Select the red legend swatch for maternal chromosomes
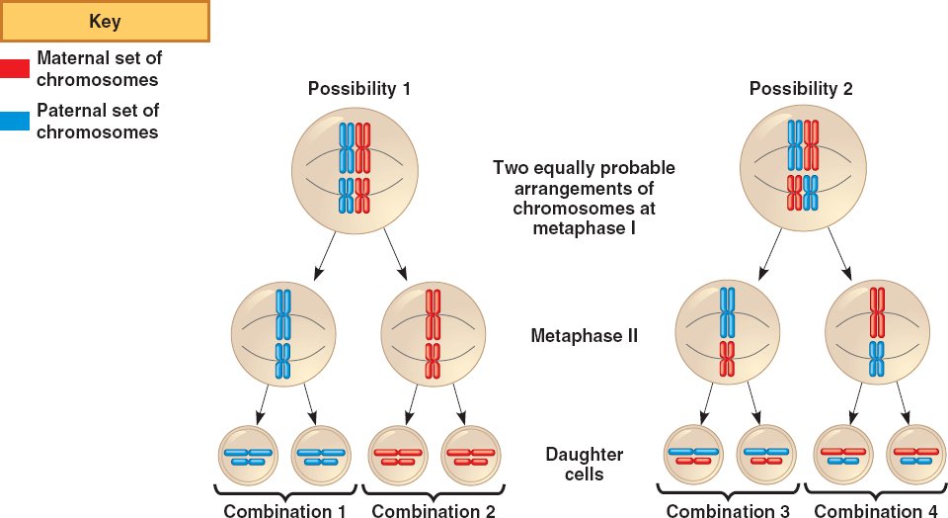(x=15, y=68)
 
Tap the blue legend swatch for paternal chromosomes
(x=15, y=121)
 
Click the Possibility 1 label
(x=359, y=89)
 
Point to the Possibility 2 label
(x=801, y=89)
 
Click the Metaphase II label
(x=585, y=335)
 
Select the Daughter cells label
(x=585, y=464)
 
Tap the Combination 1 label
(x=285, y=511)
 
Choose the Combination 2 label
(x=433, y=511)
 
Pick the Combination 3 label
(x=728, y=511)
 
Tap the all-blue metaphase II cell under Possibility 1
(x=283, y=334)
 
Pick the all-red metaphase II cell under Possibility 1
(x=433, y=334)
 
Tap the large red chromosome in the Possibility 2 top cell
(x=812, y=144)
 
